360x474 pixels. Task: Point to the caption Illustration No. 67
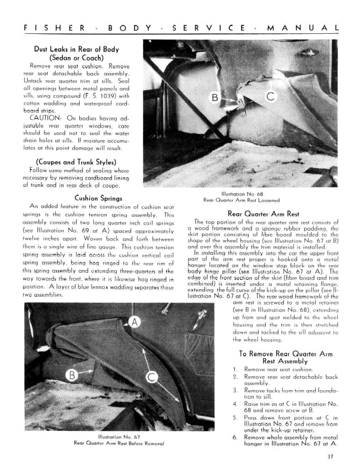click(118, 437)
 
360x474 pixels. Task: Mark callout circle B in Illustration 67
click(72, 376)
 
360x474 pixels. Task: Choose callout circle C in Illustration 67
click(151, 377)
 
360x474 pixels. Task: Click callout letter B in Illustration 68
click(214, 97)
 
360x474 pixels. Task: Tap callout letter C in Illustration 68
click(270, 96)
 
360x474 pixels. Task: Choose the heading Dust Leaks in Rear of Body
click(76, 49)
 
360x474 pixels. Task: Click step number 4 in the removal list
click(235, 403)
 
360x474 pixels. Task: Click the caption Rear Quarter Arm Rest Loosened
click(241, 200)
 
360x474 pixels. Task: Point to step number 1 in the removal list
click(235, 369)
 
